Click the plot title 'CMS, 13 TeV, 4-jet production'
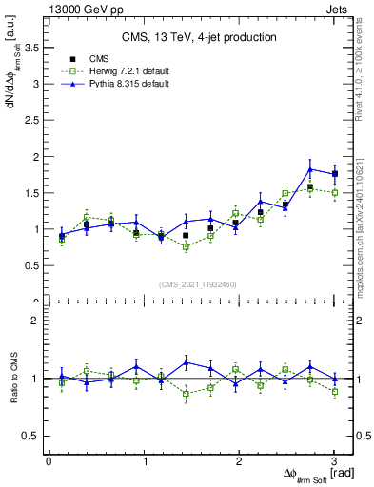199,37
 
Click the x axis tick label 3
334,462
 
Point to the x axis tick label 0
49,462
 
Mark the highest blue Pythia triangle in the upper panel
310,169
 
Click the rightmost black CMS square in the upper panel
334,174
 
